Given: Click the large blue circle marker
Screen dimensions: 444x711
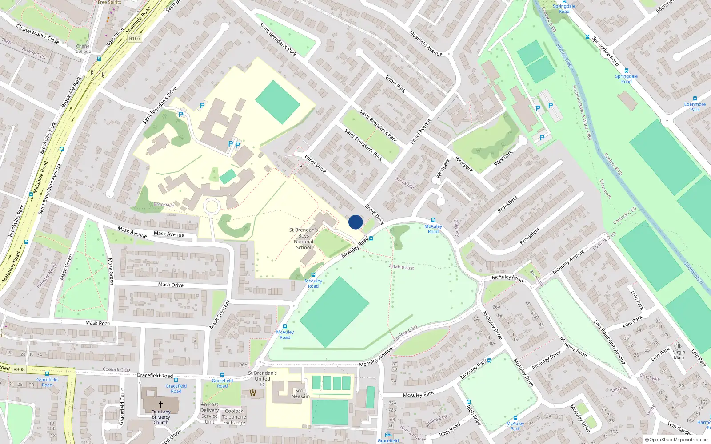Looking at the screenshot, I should [x=355, y=222].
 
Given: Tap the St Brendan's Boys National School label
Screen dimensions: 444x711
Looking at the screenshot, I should [x=304, y=239].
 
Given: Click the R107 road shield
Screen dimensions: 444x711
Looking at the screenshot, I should [x=135, y=39].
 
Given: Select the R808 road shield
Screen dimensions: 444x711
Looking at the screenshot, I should [x=19, y=369].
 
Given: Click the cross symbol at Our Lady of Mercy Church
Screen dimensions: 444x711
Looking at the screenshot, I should [x=161, y=404].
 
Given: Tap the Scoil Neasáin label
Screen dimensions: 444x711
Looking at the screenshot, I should [x=300, y=393].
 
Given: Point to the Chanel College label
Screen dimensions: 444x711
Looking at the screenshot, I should [x=83, y=48].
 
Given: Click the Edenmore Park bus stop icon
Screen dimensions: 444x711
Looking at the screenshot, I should [x=695, y=99].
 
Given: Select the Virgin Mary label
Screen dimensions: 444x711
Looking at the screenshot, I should [x=679, y=355].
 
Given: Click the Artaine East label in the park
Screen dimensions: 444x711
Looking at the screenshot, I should [x=401, y=267].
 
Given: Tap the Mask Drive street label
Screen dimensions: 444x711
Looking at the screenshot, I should [x=171, y=285].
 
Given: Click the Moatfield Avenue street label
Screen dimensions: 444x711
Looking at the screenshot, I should [x=426, y=43].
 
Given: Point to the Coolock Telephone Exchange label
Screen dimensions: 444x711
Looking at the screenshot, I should [x=234, y=417].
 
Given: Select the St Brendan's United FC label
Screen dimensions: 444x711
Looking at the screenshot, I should [x=262, y=379].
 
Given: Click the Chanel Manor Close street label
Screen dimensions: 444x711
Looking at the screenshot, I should [x=37, y=34].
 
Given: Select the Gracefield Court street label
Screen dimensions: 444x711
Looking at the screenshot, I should [x=122, y=406].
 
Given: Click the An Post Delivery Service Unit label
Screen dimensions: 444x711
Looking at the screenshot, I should [x=209, y=413].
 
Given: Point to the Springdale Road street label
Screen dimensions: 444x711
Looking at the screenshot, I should [x=605, y=51].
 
